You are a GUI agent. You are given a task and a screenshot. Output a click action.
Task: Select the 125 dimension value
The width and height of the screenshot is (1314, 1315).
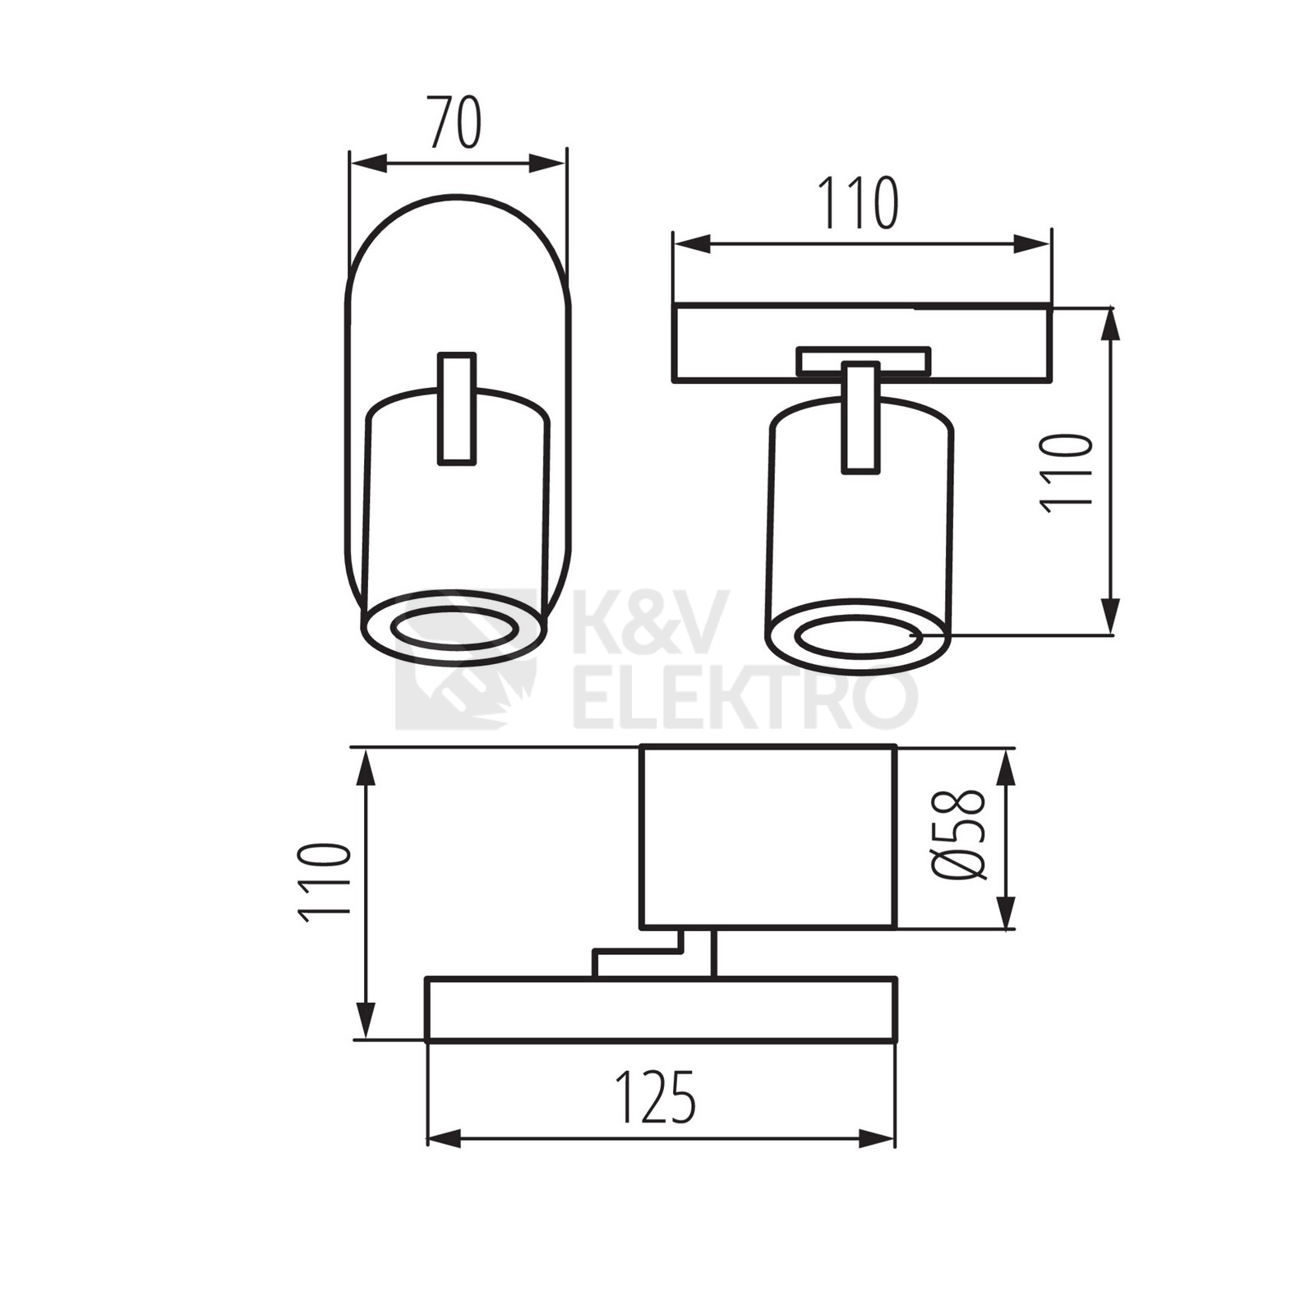(657, 1097)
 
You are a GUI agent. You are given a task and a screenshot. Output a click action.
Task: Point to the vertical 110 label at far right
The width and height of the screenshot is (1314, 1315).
(1067, 474)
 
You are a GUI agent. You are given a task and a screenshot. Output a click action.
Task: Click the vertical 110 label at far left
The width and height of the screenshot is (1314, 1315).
(325, 882)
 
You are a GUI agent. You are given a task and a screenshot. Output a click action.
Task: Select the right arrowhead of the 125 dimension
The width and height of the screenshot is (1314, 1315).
(876, 1139)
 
